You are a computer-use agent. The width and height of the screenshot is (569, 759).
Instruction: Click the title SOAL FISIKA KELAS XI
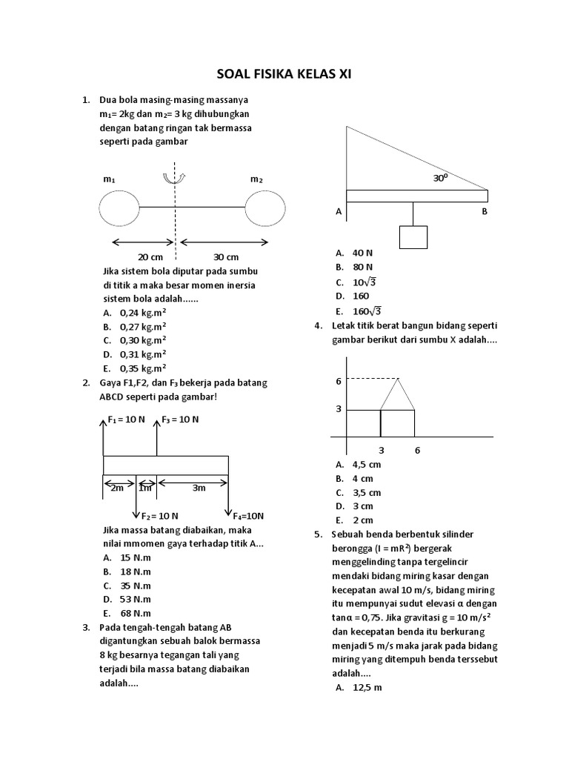(284, 74)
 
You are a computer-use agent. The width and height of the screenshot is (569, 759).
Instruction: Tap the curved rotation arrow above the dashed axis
(176, 178)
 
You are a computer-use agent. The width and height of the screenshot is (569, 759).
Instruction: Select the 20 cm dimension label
(150, 257)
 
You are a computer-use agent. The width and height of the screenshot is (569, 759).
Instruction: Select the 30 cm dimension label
(226, 257)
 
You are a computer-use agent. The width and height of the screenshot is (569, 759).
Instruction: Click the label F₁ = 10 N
(127, 420)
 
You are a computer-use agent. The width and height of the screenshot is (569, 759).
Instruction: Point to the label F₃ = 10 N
(180, 420)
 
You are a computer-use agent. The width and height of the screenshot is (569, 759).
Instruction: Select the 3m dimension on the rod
(199, 488)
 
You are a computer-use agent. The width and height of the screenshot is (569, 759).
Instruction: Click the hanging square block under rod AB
(413, 236)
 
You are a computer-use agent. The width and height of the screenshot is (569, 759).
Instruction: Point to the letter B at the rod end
(485, 211)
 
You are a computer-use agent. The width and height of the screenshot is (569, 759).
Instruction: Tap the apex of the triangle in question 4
(398, 379)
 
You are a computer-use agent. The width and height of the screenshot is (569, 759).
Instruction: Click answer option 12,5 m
(367, 688)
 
